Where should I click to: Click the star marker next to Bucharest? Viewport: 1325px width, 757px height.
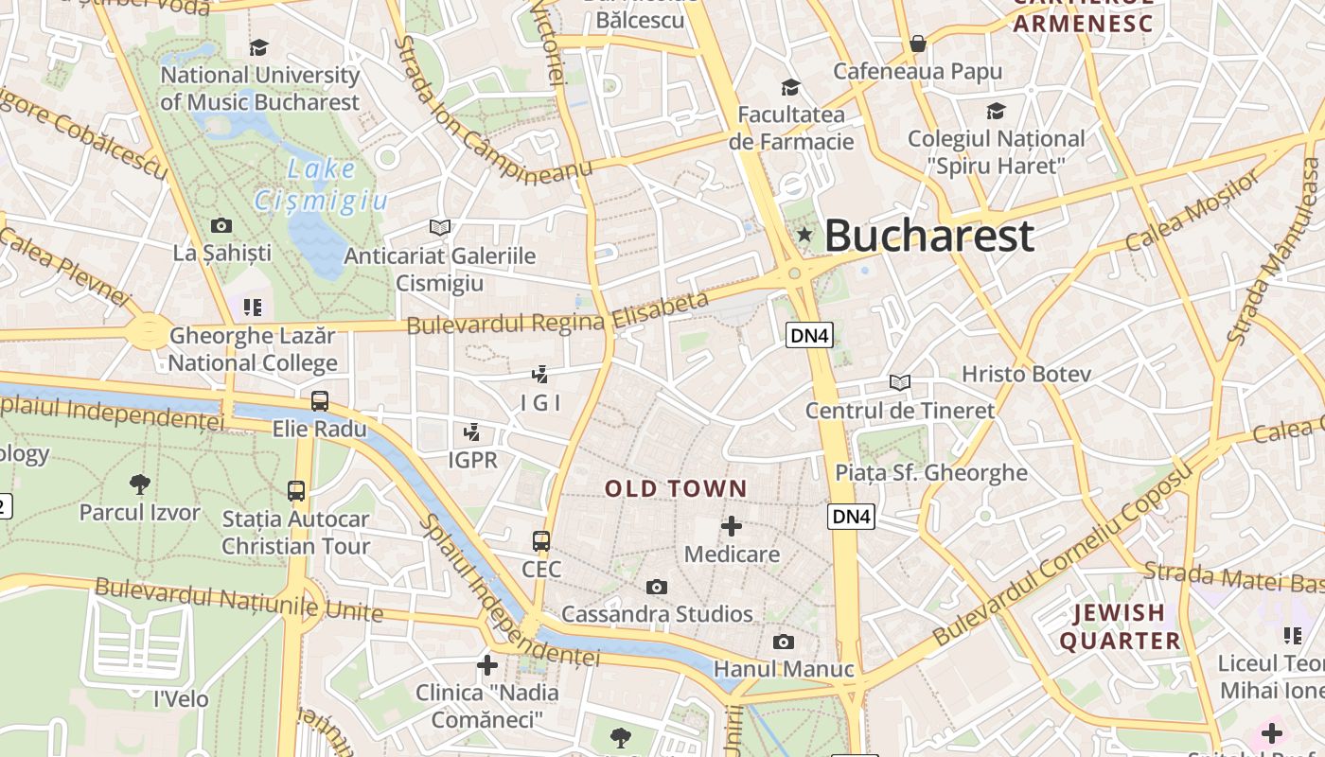(x=804, y=234)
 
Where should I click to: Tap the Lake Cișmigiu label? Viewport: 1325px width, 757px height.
(x=322, y=185)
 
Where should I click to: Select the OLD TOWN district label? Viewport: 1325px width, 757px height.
(x=676, y=489)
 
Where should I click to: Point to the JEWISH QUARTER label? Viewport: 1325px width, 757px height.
(x=1120, y=626)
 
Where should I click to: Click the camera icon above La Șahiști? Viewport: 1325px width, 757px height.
(x=221, y=225)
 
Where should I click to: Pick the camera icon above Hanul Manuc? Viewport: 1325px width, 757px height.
(x=783, y=642)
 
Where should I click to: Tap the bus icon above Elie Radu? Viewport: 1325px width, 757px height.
(x=320, y=400)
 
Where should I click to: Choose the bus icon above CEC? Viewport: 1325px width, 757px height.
(x=541, y=541)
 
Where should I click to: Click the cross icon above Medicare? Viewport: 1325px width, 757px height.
(x=732, y=525)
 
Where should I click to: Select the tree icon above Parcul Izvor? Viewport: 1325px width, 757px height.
(x=140, y=484)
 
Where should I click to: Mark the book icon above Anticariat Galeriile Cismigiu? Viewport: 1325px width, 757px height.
(x=439, y=227)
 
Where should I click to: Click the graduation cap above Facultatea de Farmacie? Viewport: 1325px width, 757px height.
(x=790, y=87)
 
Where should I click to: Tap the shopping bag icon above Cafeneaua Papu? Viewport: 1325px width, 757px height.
(x=917, y=44)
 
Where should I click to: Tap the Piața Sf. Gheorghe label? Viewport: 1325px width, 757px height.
(x=930, y=472)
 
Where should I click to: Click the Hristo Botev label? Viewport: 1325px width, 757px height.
(x=1026, y=374)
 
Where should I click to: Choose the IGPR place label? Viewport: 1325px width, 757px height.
(x=471, y=460)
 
